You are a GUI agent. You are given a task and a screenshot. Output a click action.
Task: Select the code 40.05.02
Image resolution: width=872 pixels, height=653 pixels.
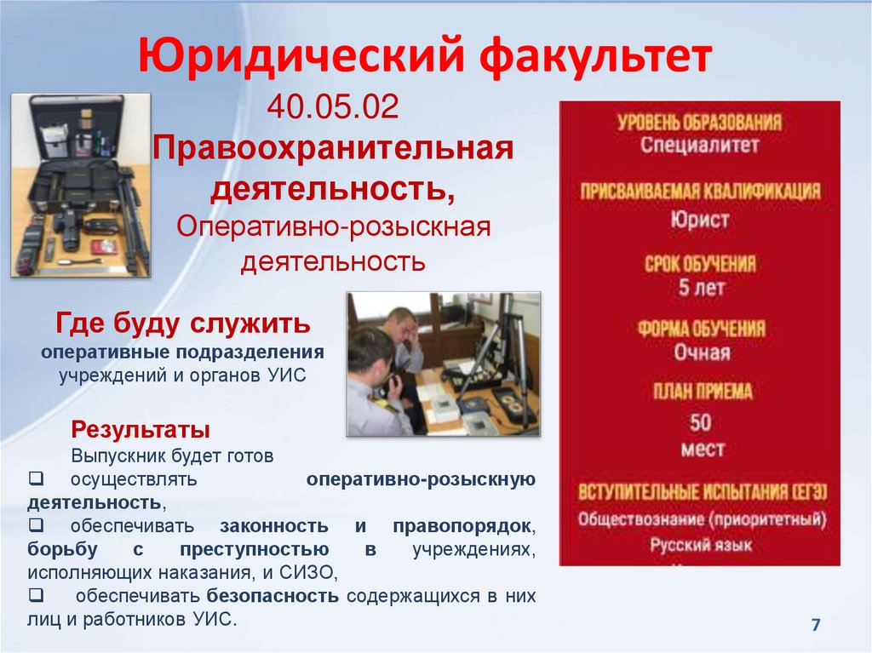click(333, 109)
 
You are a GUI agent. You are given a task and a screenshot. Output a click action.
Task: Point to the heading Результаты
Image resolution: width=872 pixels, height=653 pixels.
click(141, 427)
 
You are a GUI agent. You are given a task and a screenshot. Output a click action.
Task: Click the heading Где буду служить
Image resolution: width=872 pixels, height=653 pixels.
click(183, 324)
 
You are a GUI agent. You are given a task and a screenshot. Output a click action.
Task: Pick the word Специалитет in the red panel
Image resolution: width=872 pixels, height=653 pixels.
click(700, 145)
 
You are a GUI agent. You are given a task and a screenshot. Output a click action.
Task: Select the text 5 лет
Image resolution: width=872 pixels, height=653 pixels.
click(701, 288)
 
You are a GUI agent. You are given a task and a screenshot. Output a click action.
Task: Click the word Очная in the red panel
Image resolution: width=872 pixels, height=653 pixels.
click(702, 352)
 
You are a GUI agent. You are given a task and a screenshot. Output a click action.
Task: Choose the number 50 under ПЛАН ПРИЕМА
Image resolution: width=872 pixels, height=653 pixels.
click(701, 422)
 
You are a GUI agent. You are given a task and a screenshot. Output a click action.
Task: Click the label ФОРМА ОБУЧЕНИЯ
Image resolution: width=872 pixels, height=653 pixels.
click(701, 329)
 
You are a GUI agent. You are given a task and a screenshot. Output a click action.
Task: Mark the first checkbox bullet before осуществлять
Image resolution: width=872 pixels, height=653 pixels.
click(35, 479)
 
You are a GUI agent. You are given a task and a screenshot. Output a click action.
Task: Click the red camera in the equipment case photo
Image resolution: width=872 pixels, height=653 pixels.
click(105, 247)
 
